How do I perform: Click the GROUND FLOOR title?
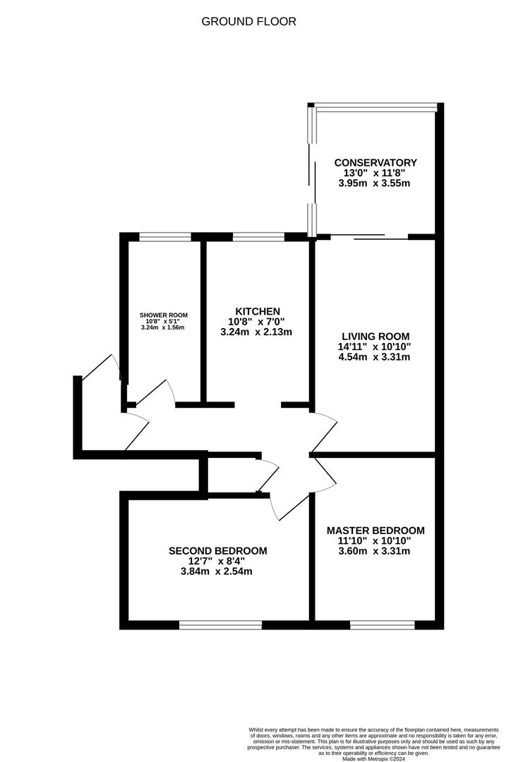tap(248, 21)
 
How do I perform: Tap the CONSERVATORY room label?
tap(375, 163)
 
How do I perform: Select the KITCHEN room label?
tap(258, 312)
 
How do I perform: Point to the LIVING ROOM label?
tap(375, 337)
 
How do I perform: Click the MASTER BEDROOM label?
tap(375, 531)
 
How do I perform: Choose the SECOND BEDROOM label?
tap(217, 551)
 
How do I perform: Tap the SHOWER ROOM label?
tap(163, 315)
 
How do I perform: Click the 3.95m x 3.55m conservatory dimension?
tap(374, 183)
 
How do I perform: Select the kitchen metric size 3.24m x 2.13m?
tap(256, 332)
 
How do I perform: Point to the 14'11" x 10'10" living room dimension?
tap(375, 346)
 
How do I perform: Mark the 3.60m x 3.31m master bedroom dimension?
tap(374, 551)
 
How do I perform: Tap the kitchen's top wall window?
tap(258, 237)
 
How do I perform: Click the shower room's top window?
tap(165, 237)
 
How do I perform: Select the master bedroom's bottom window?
tap(383, 625)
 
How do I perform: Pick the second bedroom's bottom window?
tap(221, 625)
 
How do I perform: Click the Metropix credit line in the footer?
tap(374, 758)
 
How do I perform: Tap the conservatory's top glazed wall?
tap(376, 106)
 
